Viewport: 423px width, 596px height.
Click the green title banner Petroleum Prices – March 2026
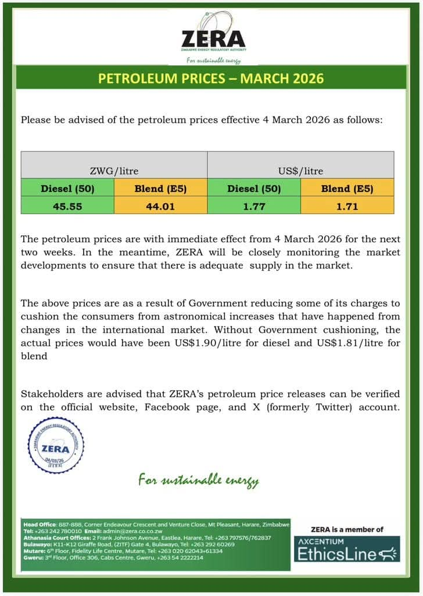[x=211, y=78]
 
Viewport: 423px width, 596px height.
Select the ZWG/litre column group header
[x=114, y=171]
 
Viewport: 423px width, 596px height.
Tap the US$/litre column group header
[x=300, y=171]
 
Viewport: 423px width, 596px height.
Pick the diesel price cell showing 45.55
[x=67, y=206]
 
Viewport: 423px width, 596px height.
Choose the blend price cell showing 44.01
[x=160, y=206]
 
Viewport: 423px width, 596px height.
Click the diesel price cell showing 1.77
[x=254, y=206]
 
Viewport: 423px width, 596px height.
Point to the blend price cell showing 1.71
[x=347, y=206]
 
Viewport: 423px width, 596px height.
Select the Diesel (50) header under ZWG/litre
[x=67, y=189]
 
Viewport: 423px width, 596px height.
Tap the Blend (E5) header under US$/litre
[x=347, y=189]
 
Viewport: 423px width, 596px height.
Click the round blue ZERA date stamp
[x=56, y=445]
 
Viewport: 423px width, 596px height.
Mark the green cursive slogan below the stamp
[x=198, y=480]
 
